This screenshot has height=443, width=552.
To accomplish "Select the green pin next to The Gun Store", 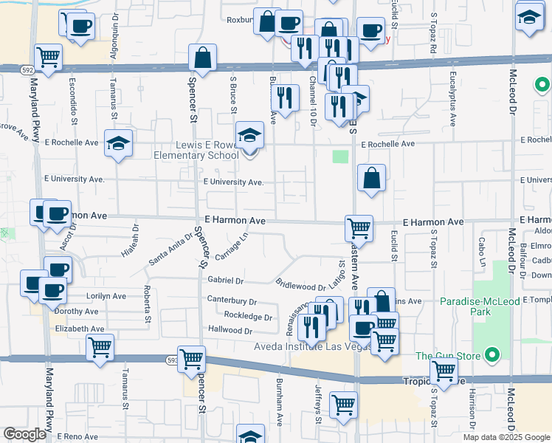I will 493,357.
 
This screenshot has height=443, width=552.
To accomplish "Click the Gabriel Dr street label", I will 226,281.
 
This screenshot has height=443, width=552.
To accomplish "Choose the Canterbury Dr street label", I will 232,301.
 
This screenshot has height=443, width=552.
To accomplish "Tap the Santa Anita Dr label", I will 170,247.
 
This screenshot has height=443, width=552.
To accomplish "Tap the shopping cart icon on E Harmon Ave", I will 359,227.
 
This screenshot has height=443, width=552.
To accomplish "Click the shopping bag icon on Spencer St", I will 201,58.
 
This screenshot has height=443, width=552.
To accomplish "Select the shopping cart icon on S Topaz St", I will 444,372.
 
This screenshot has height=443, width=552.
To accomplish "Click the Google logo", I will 24,434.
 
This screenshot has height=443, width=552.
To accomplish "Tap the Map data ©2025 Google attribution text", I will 506,436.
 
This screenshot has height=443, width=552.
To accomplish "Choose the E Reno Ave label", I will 77,437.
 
